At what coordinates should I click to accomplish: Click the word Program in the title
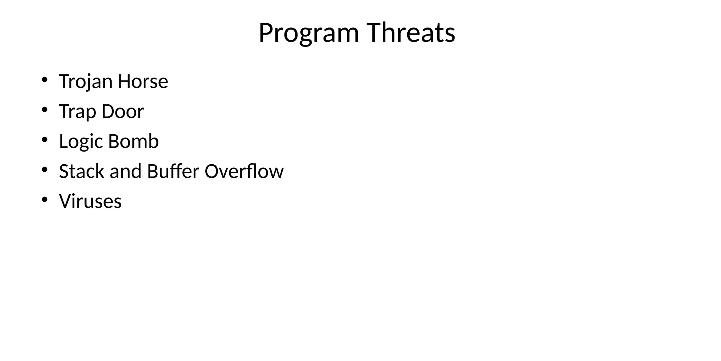tap(308, 33)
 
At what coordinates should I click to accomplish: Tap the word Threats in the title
tap(411, 32)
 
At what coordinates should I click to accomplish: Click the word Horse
tap(143, 81)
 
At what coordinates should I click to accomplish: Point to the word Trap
tap(77, 112)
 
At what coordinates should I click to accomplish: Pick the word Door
tap(123, 111)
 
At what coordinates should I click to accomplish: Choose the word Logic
tap(81, 142)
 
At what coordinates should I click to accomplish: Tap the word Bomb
tap(133, 141)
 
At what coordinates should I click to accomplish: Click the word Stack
tap(82, 171)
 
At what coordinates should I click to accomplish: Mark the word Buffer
tap(173, 171)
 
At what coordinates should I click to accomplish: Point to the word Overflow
tap(244, 171)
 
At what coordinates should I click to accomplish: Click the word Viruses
tap(90, 201)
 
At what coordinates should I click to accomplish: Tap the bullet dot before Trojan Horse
tap(44, 80)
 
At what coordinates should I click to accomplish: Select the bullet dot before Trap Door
tap(44, 110)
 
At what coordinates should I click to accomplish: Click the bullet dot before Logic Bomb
tap(44, 140)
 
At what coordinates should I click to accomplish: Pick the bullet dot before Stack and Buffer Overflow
tap(44, 170)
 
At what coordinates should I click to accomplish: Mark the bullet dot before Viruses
tap(44, 200)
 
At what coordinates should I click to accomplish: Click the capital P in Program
tap(266, 33)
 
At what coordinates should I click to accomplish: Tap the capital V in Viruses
tap(65, 201)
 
